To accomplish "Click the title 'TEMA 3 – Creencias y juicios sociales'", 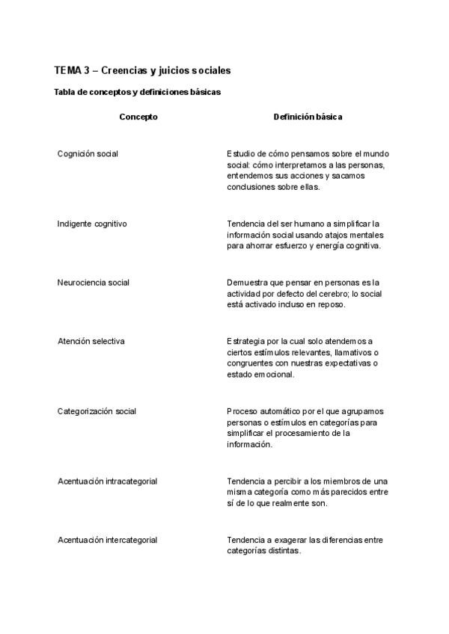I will click(142, 70).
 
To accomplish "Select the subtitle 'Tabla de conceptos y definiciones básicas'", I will click(137, 93).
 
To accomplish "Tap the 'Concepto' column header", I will click(138, 117).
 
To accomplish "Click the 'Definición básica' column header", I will click(308, 117).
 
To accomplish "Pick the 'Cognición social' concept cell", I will click(88, 154).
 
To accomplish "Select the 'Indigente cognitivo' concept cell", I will click(92, 224).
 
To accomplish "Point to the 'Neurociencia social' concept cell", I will click(94, 283).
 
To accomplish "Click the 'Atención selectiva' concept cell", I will click(91, 341).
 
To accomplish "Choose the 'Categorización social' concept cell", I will click(97, 411).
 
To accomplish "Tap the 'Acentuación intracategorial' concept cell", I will click(107, 481).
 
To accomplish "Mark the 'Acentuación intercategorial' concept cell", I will click(107, 540).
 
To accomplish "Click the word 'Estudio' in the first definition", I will click(242, 154).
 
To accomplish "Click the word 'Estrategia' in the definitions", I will click(248, 341).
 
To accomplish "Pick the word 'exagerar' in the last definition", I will click(283, 540).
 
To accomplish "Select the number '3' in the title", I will click(86, 70).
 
